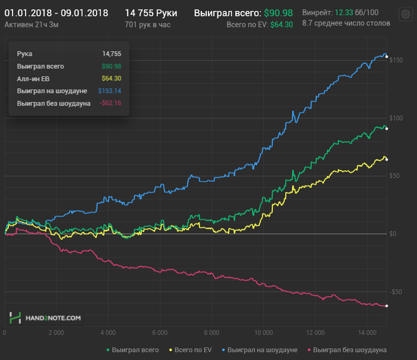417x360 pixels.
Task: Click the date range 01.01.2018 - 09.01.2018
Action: (57, 13)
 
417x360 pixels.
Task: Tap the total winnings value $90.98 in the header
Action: (278, 13)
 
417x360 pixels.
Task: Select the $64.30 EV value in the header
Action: (281, 24)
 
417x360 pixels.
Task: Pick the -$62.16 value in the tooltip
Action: (110, 103)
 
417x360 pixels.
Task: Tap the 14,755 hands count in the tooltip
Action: (111, 54)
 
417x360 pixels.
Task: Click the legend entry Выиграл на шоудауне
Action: (260, 349)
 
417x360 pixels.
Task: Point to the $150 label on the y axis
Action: (396, 60)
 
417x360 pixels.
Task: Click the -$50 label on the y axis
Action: (396, 291)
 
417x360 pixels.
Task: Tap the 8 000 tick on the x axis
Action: (211, 332)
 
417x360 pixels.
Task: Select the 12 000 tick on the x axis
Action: (315, 332)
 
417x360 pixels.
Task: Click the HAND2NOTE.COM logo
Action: (45, 318)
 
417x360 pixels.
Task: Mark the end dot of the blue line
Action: (387, 57)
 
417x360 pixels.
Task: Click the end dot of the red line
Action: (387, 306)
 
